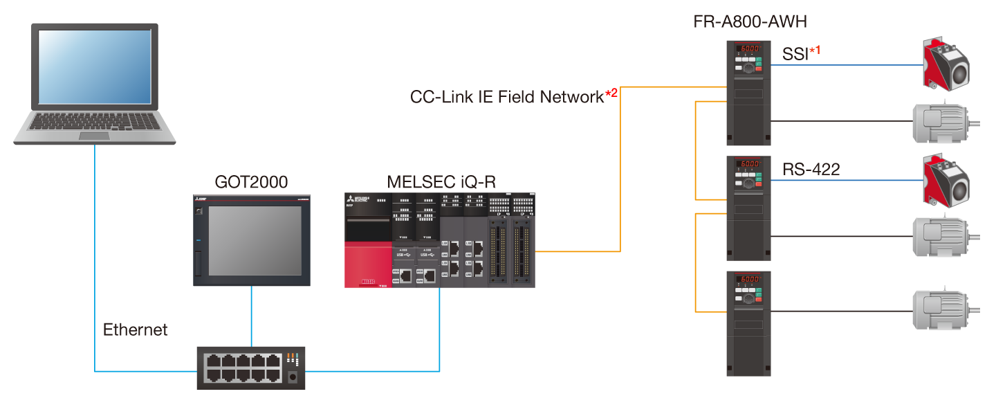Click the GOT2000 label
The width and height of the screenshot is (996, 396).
(251, 182)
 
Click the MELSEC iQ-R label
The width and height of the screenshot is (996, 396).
(441, 182)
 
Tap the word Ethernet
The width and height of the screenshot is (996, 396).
(135, 330)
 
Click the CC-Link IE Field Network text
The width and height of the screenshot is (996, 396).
(507, 97)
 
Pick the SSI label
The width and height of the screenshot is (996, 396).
(795, 54)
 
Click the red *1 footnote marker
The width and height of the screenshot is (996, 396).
(815, 50)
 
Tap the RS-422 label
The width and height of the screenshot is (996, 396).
(811, 169)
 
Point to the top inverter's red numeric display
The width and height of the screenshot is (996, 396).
(748, 49)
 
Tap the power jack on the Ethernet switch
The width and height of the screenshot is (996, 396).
(293, 377)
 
